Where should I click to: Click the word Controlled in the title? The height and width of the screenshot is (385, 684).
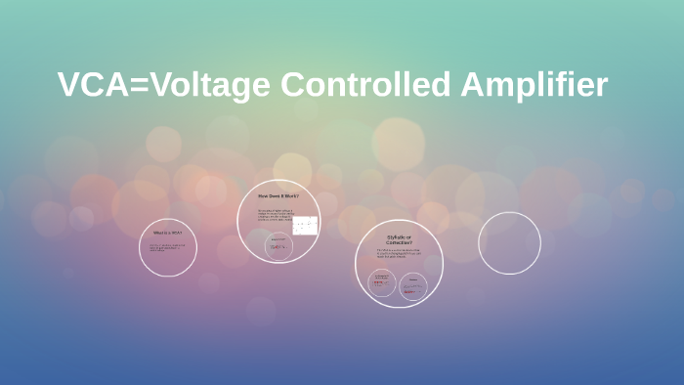point(366,86)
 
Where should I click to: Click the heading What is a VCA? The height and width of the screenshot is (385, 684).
point(167,233)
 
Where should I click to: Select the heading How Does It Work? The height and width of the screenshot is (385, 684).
point(278,197)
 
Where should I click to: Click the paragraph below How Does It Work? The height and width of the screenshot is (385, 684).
point(274,215)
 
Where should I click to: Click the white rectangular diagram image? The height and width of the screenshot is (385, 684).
point(305,226)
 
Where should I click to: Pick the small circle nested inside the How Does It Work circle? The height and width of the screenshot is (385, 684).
point(278,244)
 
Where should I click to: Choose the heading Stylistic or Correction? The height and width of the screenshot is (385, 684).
point(399,239)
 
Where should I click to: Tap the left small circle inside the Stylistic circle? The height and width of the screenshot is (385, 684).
point(381,283)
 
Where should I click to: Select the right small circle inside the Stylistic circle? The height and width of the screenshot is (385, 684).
point(413,285)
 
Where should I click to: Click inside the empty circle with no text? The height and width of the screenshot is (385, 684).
point(509,243)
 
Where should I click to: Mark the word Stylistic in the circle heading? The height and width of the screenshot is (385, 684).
point(395,236)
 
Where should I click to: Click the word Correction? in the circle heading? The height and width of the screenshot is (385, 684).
point(399,242)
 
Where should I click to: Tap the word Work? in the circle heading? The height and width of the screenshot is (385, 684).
point(290,197)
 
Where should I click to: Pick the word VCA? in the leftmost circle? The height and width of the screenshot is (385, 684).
point(176,233)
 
